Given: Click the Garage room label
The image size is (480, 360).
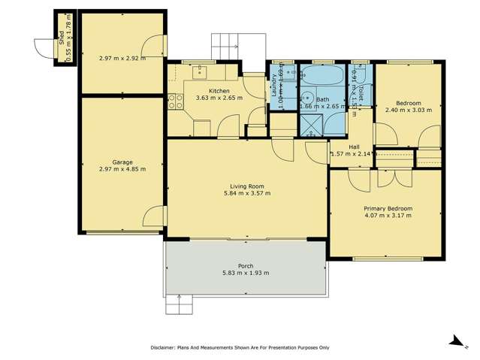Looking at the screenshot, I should point(122,162).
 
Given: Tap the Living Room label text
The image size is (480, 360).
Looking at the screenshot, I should point(246,186).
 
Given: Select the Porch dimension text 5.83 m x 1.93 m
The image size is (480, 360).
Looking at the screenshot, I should point(246,273).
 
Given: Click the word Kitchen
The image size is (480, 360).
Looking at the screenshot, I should point(209,90).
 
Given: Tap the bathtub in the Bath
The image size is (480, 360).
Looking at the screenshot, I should point(322,77).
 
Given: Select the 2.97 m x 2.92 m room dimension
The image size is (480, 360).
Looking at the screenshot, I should point(122,57).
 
